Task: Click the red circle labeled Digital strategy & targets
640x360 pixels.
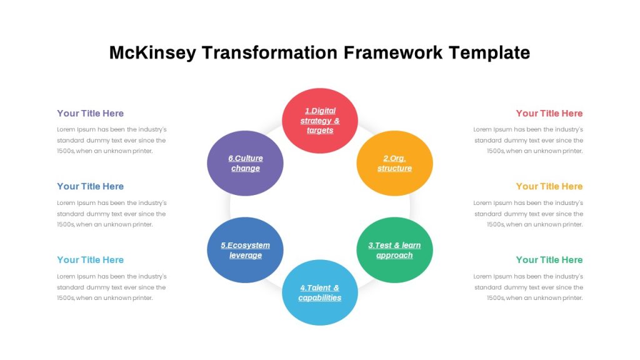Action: click(320, 121)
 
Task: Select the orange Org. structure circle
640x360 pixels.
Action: click(395, 163)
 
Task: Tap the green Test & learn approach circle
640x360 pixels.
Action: click(395, 250)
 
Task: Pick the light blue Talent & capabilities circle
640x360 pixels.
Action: click(320, 292)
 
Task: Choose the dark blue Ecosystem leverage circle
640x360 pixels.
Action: click(245, 250)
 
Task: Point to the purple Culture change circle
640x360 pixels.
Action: click(245, 163)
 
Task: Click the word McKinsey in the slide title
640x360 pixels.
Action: click(152, 52)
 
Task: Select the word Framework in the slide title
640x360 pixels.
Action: click(393, 52)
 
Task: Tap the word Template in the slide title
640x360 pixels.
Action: click(489, 53)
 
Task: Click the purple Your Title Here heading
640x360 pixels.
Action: click(90, 114)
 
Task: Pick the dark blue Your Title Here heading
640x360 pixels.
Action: click(90, 186)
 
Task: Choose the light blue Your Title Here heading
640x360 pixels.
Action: click(90, 260)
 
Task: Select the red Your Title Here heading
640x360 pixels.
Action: click(549, 114)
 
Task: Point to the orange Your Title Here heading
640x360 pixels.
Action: click(549, 186)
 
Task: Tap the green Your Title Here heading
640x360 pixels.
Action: click(549, 260)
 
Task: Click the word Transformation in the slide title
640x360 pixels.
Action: click(270, 52)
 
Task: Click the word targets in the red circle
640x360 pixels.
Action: click(320, 131)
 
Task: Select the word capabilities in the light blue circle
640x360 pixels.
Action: click(319, 298)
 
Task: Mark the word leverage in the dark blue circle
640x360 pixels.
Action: click(245, 256)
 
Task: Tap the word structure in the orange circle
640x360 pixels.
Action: click(395, 168)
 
